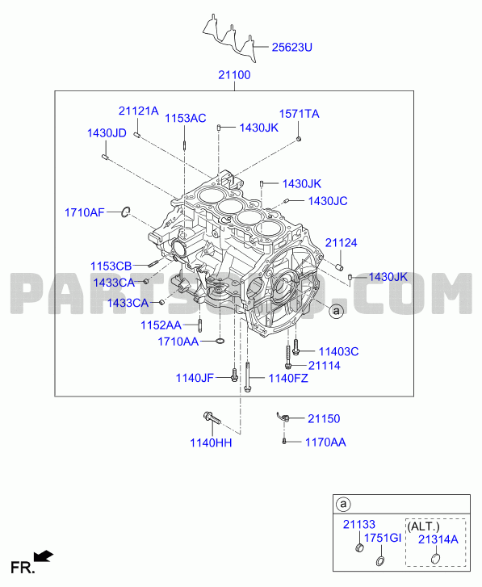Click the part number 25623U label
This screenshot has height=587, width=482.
291,48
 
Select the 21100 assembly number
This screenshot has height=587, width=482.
234,75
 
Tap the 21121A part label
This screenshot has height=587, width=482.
138,111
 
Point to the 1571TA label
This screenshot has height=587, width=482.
299,114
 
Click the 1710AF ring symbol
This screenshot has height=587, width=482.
126,212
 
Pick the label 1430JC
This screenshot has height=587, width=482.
328,201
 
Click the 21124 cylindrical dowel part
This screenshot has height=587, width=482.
339,267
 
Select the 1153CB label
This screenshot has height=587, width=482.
111,266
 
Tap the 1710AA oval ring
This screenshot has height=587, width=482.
220,341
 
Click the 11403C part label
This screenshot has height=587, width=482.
338,351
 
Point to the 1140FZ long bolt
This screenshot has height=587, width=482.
247,376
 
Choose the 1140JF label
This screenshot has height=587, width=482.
195,378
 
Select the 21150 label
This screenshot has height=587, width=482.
324,418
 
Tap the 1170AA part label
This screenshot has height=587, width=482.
325,442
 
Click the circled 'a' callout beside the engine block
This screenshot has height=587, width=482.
337,311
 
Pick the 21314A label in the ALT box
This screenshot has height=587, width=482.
438,539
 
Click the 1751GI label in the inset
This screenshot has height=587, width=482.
383,538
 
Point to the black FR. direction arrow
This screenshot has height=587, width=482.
44,556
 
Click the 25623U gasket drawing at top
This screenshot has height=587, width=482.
229,37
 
